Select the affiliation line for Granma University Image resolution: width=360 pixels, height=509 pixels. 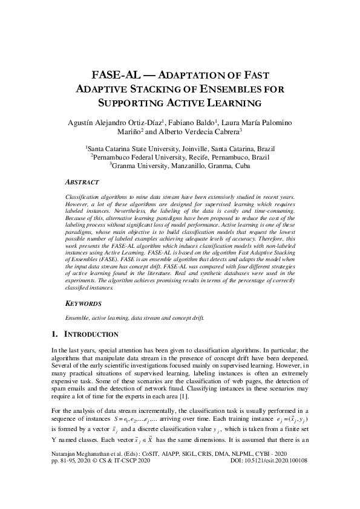point(180,164)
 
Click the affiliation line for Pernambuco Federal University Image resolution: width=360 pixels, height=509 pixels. point(180,156)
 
